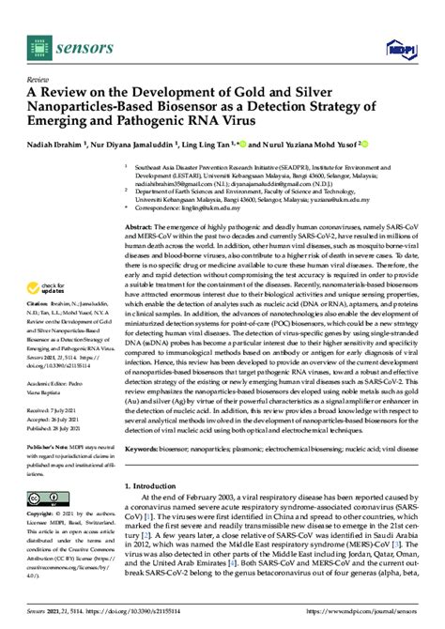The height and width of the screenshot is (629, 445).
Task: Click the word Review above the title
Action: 38,82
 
